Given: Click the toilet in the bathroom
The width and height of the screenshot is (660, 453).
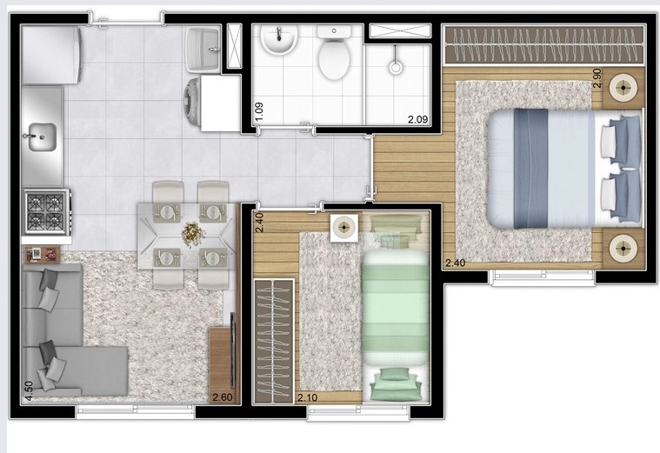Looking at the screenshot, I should tap(332, 53).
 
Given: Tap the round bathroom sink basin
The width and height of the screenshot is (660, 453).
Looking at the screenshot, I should tap(278, 38).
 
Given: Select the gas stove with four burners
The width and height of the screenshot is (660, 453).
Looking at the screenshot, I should tap(46, 211).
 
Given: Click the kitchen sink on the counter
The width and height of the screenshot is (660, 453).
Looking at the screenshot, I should tap(41, 136).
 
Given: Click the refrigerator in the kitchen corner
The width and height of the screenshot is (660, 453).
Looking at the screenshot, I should tap(50, 55).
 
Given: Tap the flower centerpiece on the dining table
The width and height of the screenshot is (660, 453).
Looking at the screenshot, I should tap(190, 234).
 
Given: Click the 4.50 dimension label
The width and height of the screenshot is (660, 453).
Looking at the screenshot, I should tap(29, 390).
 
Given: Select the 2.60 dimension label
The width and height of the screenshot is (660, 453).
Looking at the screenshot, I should tap(222, 398).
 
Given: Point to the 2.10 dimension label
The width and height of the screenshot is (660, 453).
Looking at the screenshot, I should tap(307, 398).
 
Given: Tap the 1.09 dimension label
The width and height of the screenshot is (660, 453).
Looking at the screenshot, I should tap(258, 111).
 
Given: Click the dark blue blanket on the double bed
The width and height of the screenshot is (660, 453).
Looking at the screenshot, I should tap(530, 168).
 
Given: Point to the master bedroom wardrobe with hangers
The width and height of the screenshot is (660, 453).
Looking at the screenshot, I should tap(543, 45).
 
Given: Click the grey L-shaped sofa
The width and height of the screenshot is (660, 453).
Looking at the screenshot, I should tap(65, 339).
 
